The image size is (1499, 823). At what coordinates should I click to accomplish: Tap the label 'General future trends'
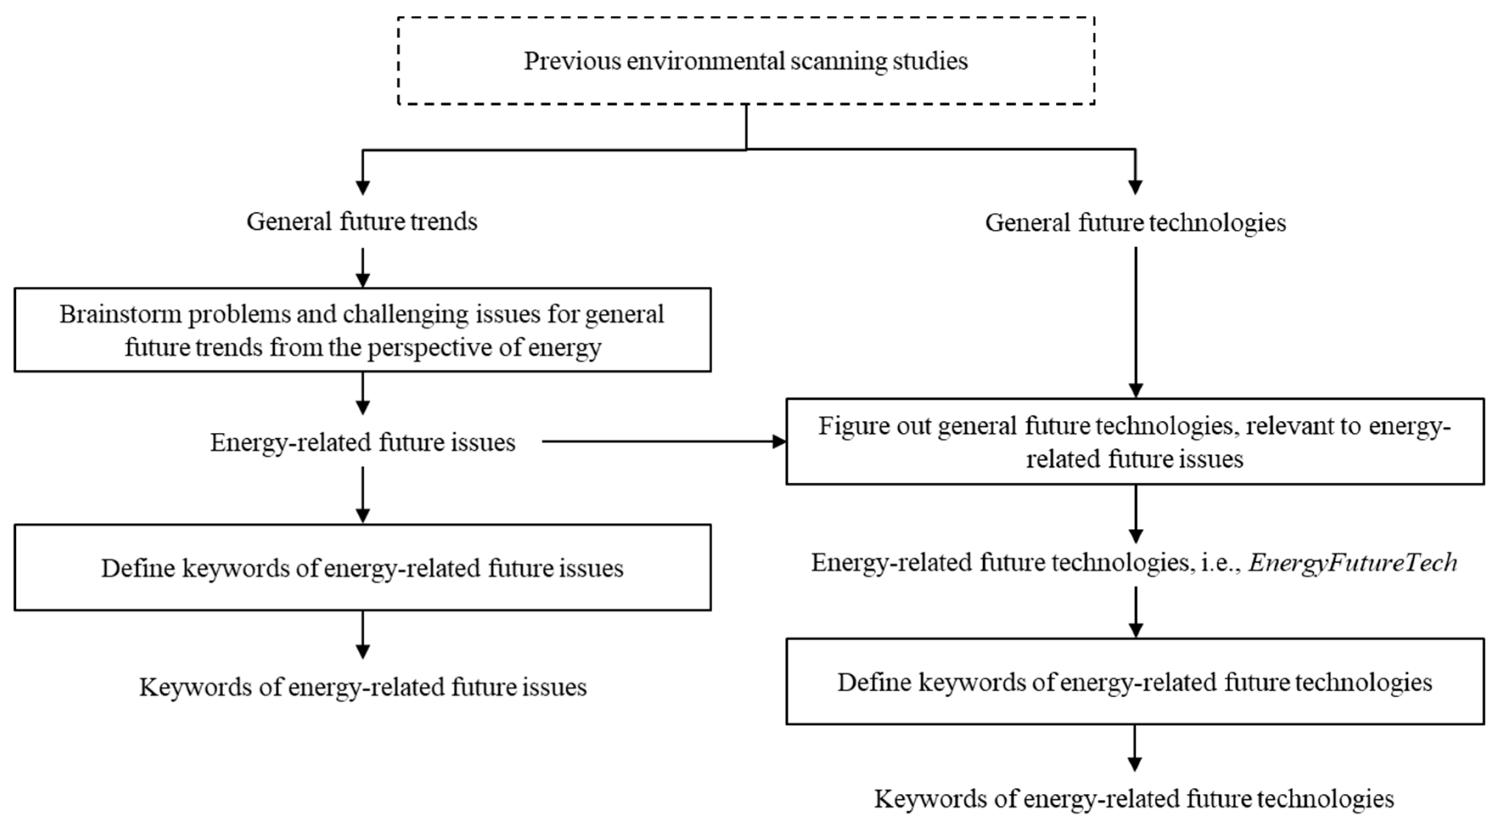pos(362,222)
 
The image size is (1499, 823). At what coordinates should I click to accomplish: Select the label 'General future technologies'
pos(1135,223)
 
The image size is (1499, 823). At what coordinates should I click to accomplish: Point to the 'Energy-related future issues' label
pos(363,443)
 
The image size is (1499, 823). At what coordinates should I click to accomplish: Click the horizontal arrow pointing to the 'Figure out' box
pos(664,442)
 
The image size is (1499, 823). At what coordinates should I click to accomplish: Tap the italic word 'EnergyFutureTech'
pos(1353,563)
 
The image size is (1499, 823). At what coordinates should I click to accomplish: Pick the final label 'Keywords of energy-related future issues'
pos(363,688)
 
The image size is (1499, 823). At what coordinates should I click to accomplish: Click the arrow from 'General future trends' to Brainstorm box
pos(363,268)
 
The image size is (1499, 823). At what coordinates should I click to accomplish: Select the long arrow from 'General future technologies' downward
pos(1135,322)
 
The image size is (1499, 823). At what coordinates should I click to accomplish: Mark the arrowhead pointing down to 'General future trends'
pos(363,187)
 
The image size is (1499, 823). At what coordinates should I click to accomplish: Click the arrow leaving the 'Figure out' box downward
pos(1135,514)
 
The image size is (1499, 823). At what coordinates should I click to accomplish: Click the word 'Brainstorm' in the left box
pos(121,314)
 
